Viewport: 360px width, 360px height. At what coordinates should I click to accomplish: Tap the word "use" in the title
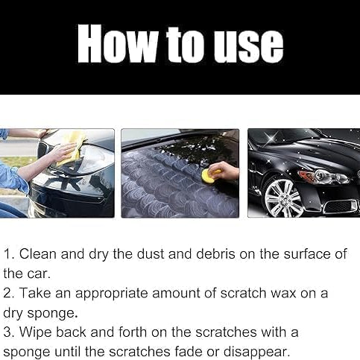click(x=249, y=47)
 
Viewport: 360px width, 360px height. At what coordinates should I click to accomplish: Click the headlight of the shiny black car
click(x=323, y=176)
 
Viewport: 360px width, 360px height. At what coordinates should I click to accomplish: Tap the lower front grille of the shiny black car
click(x=341, y=206)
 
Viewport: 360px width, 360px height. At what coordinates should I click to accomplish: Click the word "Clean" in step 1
click(x=38, y=254)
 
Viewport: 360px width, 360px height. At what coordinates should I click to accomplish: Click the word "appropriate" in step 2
click(x=112, y=293)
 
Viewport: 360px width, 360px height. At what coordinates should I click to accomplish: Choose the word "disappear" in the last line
click(x=256, y=352)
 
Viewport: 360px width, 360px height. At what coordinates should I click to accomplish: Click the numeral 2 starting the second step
click(x=8, y=293)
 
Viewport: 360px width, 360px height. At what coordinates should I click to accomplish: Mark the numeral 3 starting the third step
click(x=8, y=332)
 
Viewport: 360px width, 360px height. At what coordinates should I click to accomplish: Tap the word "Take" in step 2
click(x=35, y=293)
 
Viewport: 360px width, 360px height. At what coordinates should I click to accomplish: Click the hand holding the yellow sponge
click(x=224, y=171)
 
